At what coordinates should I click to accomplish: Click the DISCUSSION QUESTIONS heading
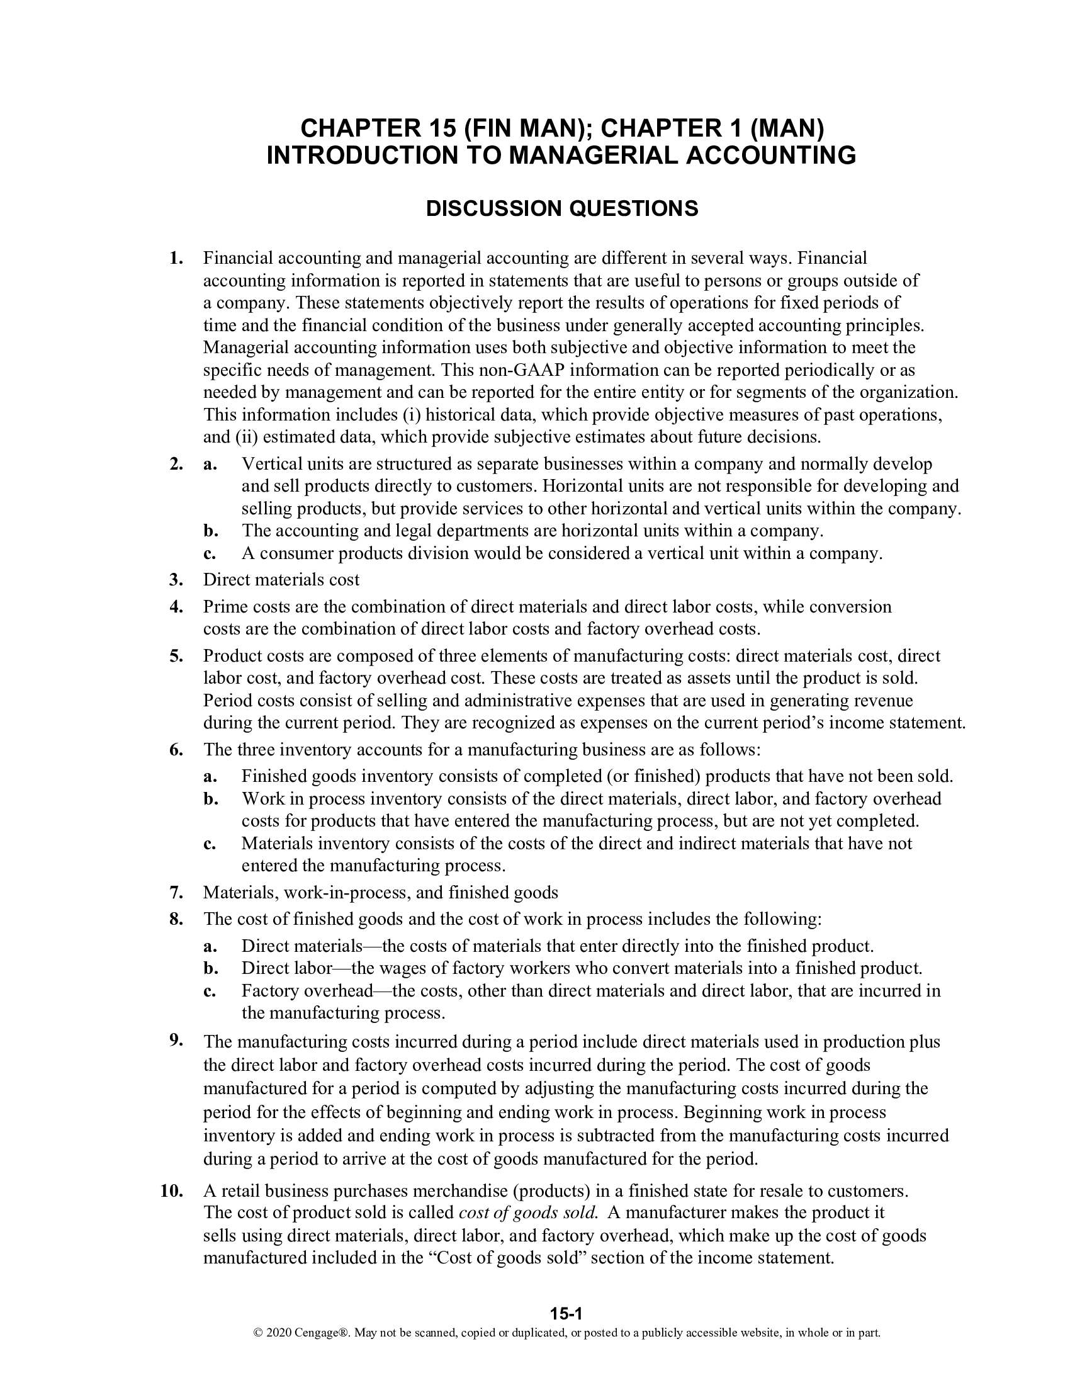coord(561,208)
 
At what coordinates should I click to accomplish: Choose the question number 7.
coord(176,893)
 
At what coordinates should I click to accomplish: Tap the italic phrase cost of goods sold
coord(528,1213)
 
